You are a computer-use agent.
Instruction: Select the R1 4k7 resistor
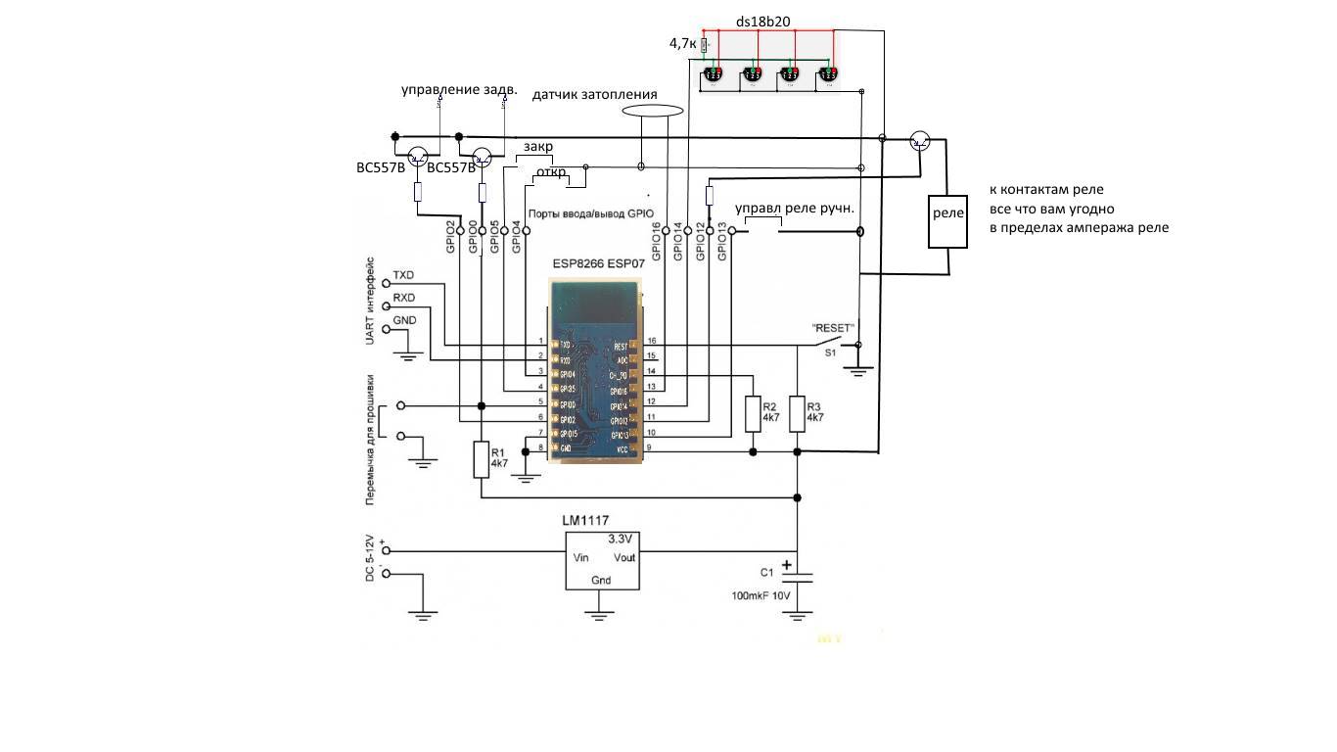481,459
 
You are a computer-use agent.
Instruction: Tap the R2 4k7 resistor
753,414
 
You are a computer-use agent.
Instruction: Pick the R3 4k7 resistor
798,414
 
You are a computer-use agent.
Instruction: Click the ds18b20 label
762,20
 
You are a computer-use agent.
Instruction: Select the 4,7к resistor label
682,44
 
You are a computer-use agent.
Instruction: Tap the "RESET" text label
834,328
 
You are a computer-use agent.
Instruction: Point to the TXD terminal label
403,274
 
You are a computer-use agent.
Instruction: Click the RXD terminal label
403,298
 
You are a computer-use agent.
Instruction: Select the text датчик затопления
594,95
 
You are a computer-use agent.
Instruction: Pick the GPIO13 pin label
722,242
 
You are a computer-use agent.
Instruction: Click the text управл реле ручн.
795,208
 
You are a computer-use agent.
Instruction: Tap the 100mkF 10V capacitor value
761,595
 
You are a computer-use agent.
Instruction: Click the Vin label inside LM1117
580,557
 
